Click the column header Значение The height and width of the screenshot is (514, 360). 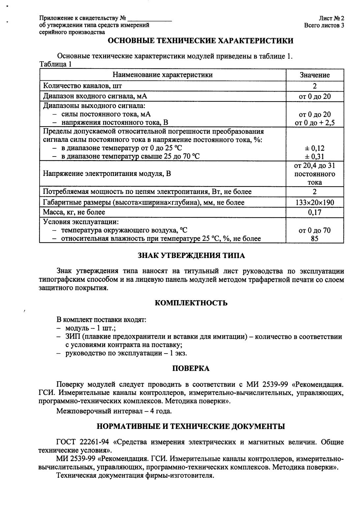(x=315, y=75)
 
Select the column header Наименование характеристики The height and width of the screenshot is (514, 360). (x=163, y=75)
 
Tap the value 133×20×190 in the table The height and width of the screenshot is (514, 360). (x=315, y=202)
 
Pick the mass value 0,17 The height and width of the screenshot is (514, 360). (x=315, y=212)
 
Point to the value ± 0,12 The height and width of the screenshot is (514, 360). (x=315, y=149)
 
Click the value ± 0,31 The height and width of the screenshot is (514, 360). (x=315, y=156)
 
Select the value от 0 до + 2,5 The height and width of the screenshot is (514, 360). (x=315, y=123)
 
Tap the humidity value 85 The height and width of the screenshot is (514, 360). (x=315, y=239)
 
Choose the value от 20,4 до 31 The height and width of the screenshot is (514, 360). (x=315, y=166)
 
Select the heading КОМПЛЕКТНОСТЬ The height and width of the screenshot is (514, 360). (x=191, y=303)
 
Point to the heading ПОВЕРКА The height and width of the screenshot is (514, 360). (x=191, y=368)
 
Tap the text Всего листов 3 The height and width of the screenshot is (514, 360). (x=324, y=25)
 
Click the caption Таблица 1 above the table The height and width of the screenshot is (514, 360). (x=55, y=64)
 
